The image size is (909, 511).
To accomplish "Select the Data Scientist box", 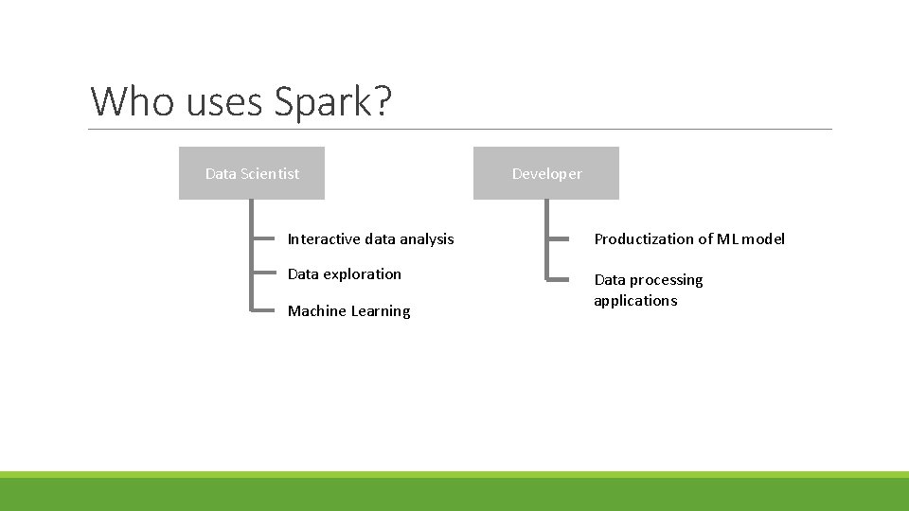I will (x=252, y=173).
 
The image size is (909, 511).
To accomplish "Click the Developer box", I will (x=546, y=173).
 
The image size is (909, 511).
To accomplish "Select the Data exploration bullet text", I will (x=345, y=274).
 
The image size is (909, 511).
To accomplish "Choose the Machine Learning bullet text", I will (x=348, y=311).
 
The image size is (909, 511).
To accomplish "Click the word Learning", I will (x=381, y=311).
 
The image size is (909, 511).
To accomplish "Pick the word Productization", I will (x=640, y=239).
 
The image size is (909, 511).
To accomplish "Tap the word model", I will (x=763, y=239).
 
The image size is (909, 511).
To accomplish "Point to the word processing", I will (x=667, y=280).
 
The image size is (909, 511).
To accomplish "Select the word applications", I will (x=635, y=301).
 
